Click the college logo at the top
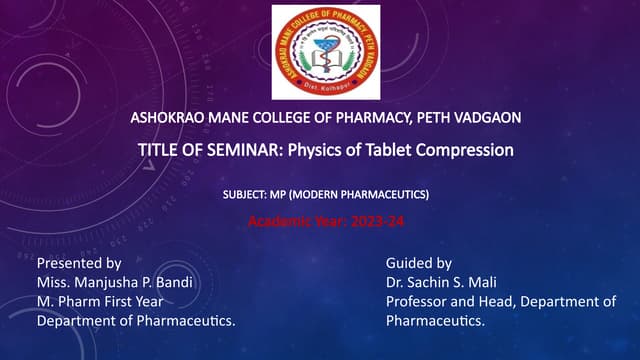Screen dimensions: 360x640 click(326, 52)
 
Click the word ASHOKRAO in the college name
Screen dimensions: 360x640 click(170, 119)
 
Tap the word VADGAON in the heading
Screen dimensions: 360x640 click(485, 119)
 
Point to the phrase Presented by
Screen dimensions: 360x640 click(79, 263)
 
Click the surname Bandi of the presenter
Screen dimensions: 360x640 click(174, 282)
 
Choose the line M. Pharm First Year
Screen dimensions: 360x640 click(100, 301)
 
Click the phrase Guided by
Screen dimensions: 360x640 click(419, 263)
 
